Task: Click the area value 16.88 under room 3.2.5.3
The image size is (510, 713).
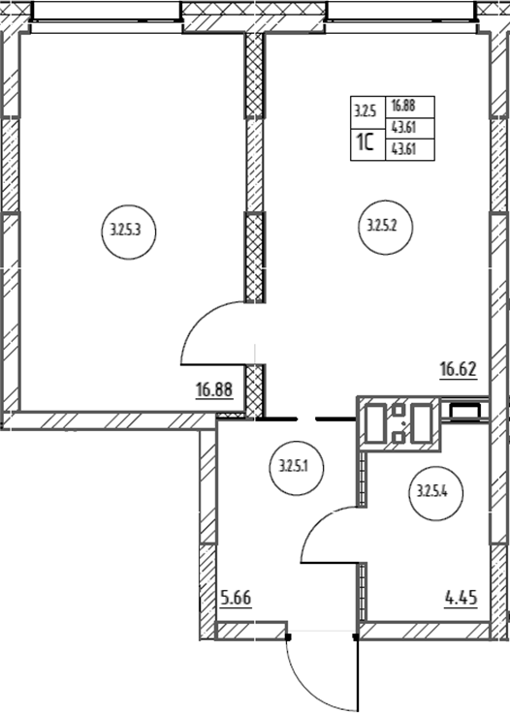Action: point(214,390)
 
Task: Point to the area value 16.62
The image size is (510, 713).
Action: point(459,369)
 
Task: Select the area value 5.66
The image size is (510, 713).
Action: point(236,598)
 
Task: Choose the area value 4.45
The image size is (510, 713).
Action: point(462,598)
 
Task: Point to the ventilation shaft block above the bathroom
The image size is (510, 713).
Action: point(399,423)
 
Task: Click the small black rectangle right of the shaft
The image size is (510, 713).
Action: point(464,411)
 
